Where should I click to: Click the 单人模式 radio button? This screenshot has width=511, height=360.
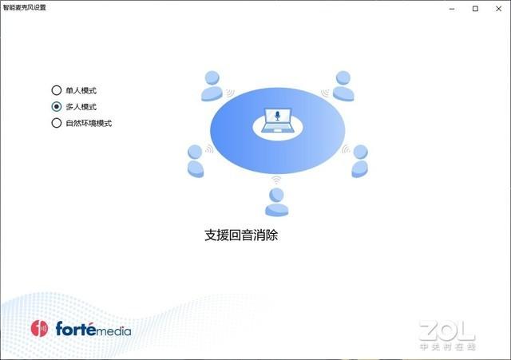tap(56, 90)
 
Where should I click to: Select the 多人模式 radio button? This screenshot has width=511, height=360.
tap(56, 106)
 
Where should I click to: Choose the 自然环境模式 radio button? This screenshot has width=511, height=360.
tap(56, 123)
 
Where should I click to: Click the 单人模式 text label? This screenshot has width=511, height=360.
tap(81, 90)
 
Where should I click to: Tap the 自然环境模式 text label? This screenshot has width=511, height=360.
tap(89, 123)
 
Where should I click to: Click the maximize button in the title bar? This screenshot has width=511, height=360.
tap(476, 8)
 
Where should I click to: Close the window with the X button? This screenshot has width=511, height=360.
tap(497, 8)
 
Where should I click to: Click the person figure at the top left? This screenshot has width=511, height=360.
tap(212, 86)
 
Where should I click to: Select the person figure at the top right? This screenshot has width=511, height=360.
tap(343, 86)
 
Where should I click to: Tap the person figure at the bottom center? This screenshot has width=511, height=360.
tap(276, 203)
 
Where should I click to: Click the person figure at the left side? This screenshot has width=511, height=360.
tap(195, 160)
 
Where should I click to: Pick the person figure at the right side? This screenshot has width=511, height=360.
tap(360, 160)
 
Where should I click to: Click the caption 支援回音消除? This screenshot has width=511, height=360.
tap(241, 235)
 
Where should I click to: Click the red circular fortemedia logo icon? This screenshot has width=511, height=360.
tap(40, 328)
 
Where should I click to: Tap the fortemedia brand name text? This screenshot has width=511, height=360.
tap(93, 329)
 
